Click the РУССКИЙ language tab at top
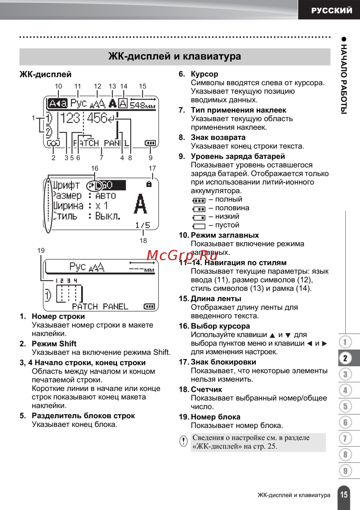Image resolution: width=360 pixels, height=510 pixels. click(332, 10)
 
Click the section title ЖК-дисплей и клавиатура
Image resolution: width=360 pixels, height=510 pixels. click(175, 57)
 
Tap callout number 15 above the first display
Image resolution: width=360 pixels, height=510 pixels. click(143, 86)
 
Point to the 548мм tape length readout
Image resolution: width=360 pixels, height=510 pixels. click(143, 105)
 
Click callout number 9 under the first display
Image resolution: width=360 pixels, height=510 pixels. click(150, 158)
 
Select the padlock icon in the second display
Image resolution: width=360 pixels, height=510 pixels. click(149, 184)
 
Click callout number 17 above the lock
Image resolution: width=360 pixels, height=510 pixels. click(152, 168)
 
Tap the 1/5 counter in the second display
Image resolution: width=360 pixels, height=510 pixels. click(143, 225)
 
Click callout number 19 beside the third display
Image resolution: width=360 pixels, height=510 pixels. click(41, 251)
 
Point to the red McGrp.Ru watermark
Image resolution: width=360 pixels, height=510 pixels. click(182, 255)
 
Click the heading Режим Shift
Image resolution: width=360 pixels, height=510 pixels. click(54, 344)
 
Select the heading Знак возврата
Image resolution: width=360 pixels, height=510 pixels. click(218, 137)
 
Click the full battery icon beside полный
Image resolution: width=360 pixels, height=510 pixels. click(199, 200)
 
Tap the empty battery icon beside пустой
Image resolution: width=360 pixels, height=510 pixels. click(199, 226)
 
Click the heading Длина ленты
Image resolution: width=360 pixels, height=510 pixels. click(216, 299)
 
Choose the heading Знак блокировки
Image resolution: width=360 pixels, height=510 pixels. click(224, 362)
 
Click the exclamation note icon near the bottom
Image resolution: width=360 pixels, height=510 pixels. click(184, 441)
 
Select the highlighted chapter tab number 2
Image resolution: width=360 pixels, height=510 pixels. click(345, 358)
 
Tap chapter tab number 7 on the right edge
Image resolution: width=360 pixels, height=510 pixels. click(345, 438)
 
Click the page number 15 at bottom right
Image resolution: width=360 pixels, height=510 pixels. click(344, 495)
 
